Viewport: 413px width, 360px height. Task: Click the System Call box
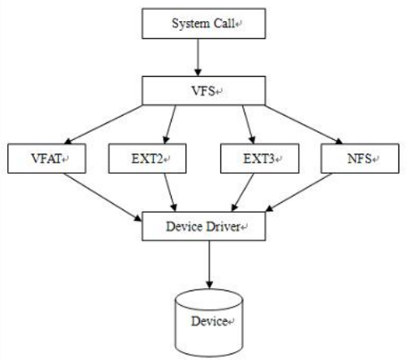[204, 23]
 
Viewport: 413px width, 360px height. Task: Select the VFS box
[204, 91]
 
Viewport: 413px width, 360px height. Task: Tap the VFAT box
[47, 159]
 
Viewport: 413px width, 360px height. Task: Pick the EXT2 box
[147, 159]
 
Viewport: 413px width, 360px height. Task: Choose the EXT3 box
[260, 159]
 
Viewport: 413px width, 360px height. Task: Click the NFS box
[360, 159]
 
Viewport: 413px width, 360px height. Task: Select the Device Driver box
[204, 227]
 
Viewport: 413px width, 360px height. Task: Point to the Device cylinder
[209, 323]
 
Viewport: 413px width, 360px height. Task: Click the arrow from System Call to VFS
[198, 57]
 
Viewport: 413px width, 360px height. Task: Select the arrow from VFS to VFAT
[104, 125]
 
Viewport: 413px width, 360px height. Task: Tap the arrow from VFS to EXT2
[170, 125]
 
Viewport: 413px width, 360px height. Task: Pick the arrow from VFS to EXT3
[248, 125]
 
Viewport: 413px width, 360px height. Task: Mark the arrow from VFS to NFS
[304, 125]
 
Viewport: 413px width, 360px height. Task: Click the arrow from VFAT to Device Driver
[103, 197]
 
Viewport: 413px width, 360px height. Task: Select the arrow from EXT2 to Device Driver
[170, 193]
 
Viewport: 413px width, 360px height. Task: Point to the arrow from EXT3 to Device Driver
[243, 193]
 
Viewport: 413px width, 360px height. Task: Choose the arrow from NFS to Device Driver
[299, 193]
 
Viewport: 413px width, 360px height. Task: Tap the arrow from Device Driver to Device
[209, 265]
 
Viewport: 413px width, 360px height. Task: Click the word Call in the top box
[224, 23]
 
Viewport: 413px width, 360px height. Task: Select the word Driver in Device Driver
[224, 227]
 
